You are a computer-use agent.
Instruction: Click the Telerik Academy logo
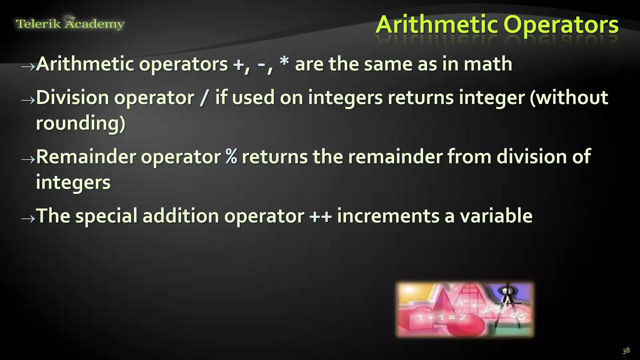(x=70, y=23)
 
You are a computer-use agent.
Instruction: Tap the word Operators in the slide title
(x=561, y=25)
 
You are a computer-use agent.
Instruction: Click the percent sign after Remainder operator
(x=231, y=156)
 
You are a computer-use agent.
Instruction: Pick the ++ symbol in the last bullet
(x=320, y=216)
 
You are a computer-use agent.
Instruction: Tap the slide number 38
(x=626, y=351)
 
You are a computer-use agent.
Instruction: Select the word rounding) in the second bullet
(x=81, y=123)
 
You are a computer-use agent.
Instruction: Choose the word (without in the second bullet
(x=569, y=97)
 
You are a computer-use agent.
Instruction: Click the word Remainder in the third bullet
(x=86, y=156)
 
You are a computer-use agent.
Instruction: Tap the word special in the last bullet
(x=106, y=216)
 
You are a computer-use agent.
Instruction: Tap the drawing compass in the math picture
(x=507, y=305)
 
